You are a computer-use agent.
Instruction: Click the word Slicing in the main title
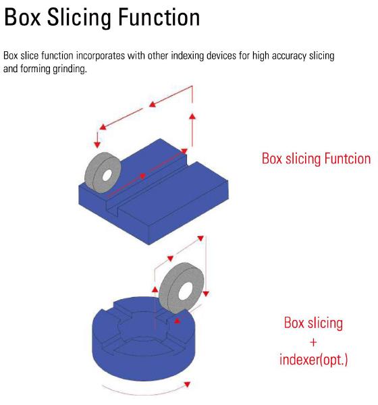point(80,18)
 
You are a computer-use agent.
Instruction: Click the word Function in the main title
point(159,17)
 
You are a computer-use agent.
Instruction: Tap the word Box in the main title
point(23,17)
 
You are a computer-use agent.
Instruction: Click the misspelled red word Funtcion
point(347,159)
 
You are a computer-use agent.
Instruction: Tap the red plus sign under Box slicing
point(313,342)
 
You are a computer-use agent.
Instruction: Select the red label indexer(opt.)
point(313,360)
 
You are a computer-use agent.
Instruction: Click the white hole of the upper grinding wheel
point(107,175)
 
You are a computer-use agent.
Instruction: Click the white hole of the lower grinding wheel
point(186,292)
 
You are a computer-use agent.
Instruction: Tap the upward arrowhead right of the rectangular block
point(192,116)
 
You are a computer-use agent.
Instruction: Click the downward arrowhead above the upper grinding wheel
point(97,144)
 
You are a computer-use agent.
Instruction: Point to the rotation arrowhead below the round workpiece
point(187,384)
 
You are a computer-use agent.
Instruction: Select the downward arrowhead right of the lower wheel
point(206,294)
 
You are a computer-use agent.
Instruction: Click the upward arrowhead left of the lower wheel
point(155,290)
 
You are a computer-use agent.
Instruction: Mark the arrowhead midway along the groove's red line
point(142,176)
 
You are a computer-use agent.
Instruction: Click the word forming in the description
point(35,70)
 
